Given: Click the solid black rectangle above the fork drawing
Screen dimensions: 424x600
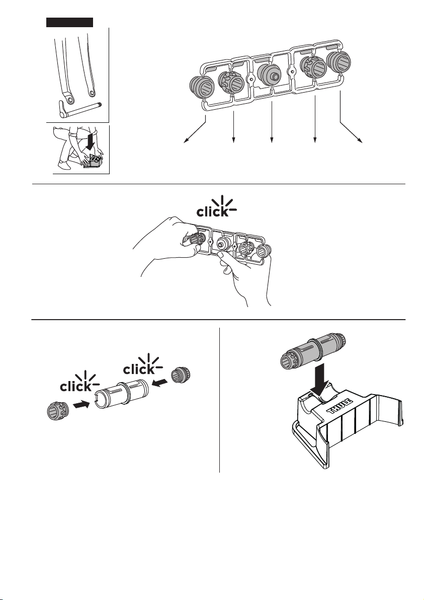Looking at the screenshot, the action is point(69,22).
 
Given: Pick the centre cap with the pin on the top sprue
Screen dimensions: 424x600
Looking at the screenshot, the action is point(269,75).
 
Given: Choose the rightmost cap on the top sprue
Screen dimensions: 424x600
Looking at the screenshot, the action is point(338,62).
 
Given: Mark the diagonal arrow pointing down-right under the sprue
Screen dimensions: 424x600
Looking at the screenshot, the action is point(351,132).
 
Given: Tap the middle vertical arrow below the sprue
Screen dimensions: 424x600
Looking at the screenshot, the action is point(272,123).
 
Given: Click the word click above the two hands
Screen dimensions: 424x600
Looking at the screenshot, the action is point(213,211).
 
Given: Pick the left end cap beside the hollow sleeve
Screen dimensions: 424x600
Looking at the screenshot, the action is point(58,411).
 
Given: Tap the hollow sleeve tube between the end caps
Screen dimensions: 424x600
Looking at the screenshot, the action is point(121,394).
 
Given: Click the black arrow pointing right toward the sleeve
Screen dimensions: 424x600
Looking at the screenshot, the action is point(81,405).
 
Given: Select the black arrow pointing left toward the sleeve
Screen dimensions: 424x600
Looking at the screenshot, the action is point(159,382).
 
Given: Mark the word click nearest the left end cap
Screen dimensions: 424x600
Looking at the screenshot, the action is point(76,387).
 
